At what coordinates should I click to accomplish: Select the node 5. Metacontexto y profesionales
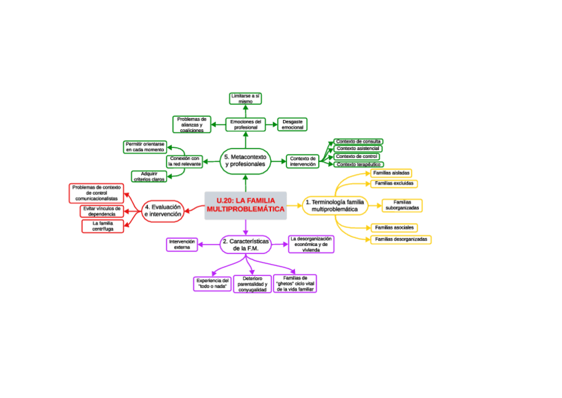(245, 160)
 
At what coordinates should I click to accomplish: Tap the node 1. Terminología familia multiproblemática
(335, 205)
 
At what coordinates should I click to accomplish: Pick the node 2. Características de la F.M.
(245, 245)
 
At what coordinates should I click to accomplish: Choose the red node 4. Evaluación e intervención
(162, 211)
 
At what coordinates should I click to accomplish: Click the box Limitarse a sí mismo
(245, 99)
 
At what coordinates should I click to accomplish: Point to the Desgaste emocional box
(292, 125)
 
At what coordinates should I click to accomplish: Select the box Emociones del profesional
(245, 125)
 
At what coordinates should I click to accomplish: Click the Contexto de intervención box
(304, 161)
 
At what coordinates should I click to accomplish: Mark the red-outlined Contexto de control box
(357, 157)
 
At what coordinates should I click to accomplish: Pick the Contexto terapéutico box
(357, 165)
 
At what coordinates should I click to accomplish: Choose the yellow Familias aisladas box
(392, 173)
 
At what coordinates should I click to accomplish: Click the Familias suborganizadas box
(402, 206)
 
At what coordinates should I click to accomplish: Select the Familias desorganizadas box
(401, 239)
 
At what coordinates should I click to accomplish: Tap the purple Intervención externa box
(182, 245)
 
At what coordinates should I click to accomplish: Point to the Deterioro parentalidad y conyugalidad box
(253, 285)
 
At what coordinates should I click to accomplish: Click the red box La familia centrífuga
(103, 227)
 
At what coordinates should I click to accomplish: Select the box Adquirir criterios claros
(149, 176)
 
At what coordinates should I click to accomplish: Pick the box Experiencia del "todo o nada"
(212, 285)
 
